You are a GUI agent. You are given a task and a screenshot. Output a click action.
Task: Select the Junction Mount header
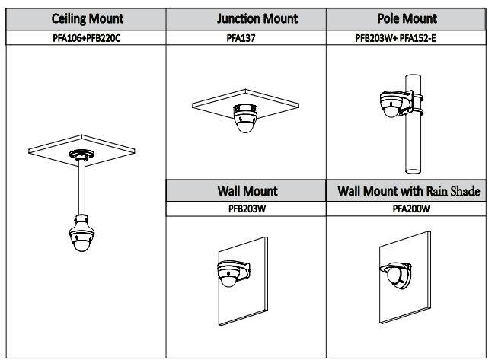click(246, 18)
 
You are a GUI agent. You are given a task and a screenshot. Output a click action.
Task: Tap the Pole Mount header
click(406, 18)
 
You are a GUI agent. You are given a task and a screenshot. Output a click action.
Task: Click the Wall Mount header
click(246, 191)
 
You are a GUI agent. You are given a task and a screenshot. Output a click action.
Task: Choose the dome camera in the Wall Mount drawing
click(228, 271)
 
